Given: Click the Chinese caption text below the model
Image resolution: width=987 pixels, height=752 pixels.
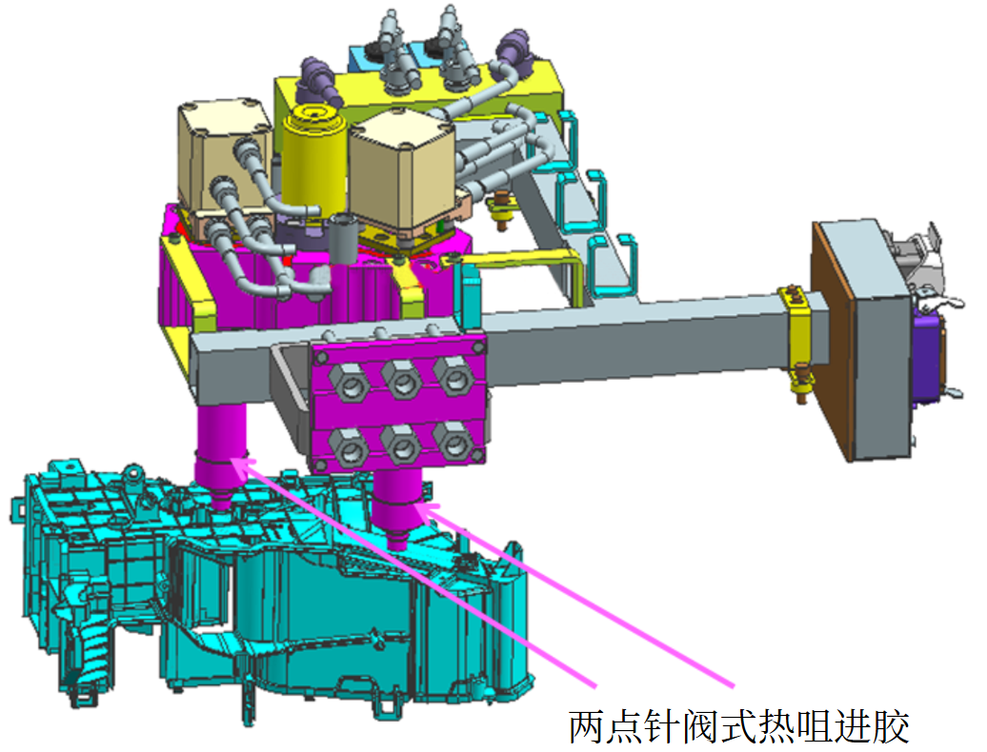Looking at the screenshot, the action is pyautogui.click(x=739, y=727).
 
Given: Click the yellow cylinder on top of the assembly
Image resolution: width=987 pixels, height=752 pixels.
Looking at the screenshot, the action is pyautogui.click(x=313, y=157).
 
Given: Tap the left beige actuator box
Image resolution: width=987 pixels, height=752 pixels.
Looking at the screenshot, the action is pyautogui.click(x=226, y=154).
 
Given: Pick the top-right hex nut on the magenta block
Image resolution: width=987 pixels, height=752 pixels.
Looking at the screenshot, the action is pyautogui.click(x=453, y=376).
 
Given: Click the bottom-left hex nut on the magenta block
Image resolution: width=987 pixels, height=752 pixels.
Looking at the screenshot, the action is pyautogui.click(x=349, y=447).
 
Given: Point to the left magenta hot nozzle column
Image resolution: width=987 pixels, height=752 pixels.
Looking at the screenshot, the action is pyautogui.click(x=220, y=454).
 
